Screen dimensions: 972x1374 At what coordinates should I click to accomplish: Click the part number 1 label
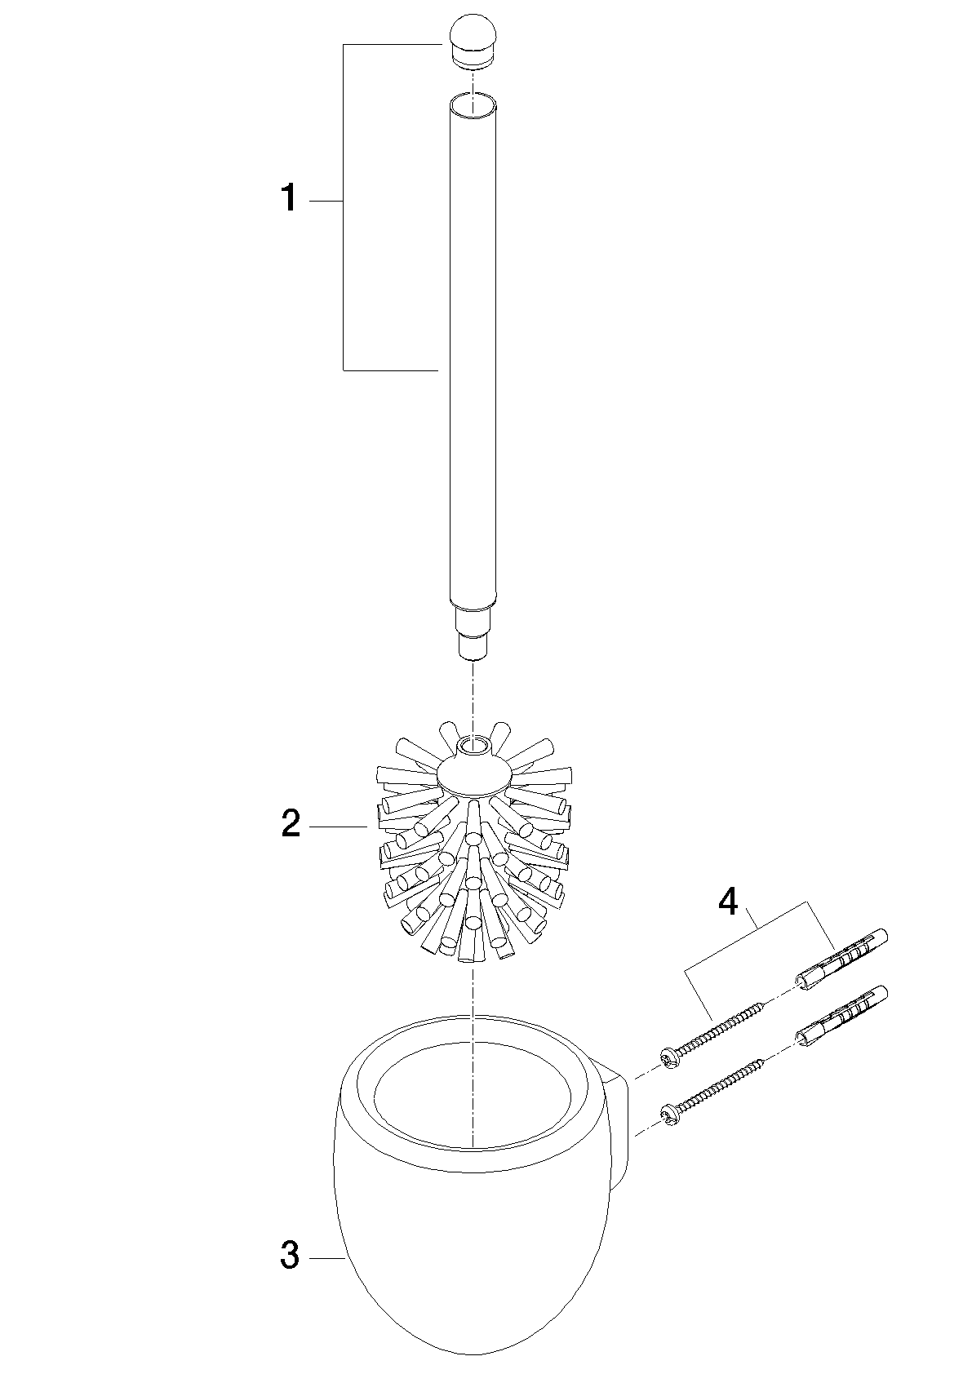(289, 199)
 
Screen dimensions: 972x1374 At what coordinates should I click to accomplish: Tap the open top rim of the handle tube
(473, 104)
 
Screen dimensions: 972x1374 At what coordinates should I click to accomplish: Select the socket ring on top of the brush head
(473, 747)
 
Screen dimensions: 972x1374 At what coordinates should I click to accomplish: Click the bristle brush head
(473, 849)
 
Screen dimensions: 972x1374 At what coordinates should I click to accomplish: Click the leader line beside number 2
(338, 827)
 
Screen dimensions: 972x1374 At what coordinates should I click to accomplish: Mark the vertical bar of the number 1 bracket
(343, 207)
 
